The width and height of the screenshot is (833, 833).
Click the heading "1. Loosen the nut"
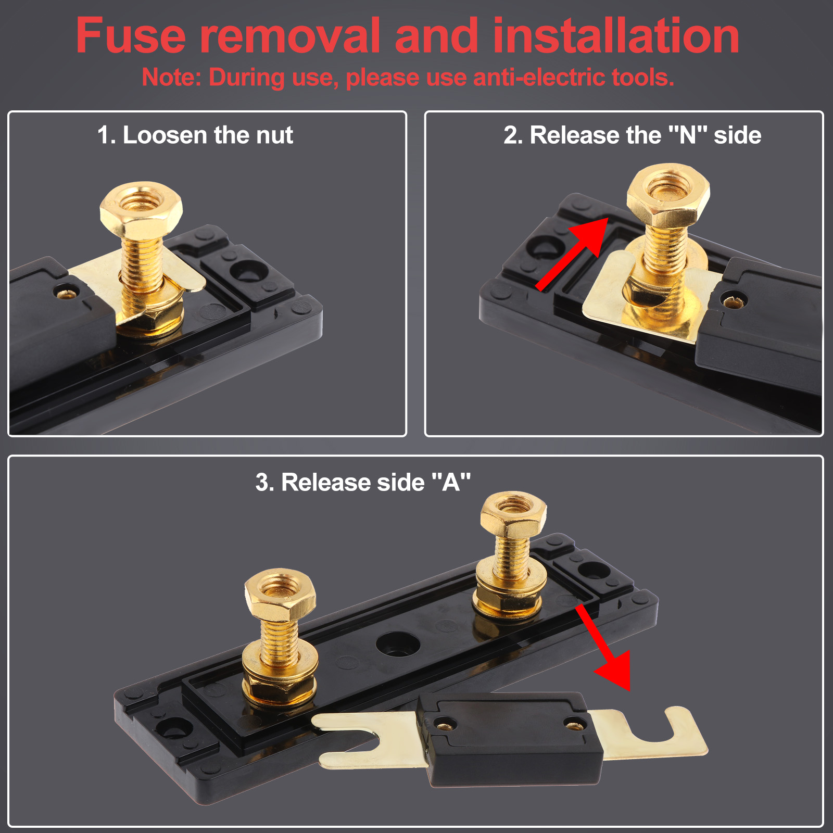195,135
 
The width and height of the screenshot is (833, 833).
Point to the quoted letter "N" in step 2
687,135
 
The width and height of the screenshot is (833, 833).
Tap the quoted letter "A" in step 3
451,482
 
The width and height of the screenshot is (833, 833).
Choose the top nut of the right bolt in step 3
513,515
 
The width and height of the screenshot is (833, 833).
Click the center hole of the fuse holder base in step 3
398,643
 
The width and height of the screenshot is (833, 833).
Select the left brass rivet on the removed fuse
444,723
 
